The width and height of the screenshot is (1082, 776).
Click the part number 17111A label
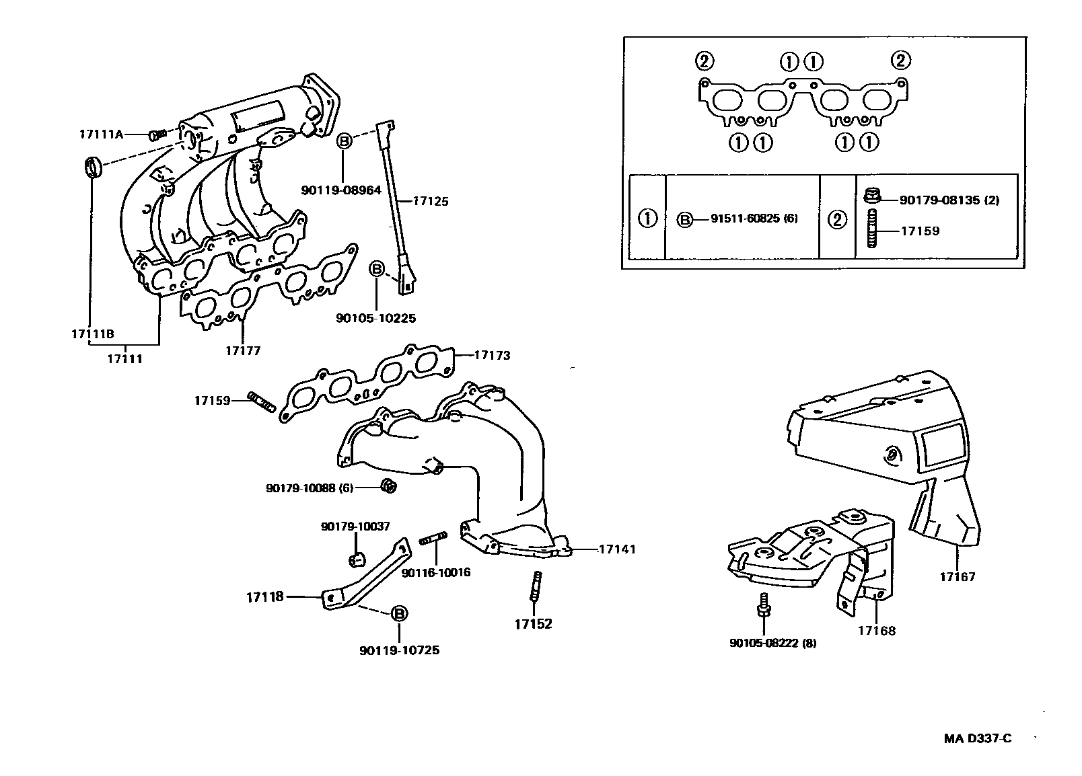(101, 134)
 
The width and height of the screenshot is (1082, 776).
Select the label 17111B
(93, 334)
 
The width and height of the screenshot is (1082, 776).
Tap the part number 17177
(242, 350)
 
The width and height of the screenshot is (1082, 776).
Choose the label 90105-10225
(375, 318)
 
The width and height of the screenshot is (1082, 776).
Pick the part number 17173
(492, 355)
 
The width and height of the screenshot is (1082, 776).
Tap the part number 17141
(617, 549)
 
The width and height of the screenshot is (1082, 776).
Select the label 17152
(533, 624)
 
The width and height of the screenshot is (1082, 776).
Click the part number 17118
(264, 596)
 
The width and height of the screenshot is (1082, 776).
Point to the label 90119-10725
(399, 650)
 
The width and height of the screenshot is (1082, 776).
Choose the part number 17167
(957, 576)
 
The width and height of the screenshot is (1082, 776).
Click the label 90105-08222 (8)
(772, 643)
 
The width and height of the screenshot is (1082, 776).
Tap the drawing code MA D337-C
(977, 738)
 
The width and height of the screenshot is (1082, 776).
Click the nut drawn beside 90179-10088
(388, 485)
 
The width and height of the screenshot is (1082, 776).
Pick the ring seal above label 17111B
(92, 167)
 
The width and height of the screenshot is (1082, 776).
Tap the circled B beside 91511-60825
(684, 219)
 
